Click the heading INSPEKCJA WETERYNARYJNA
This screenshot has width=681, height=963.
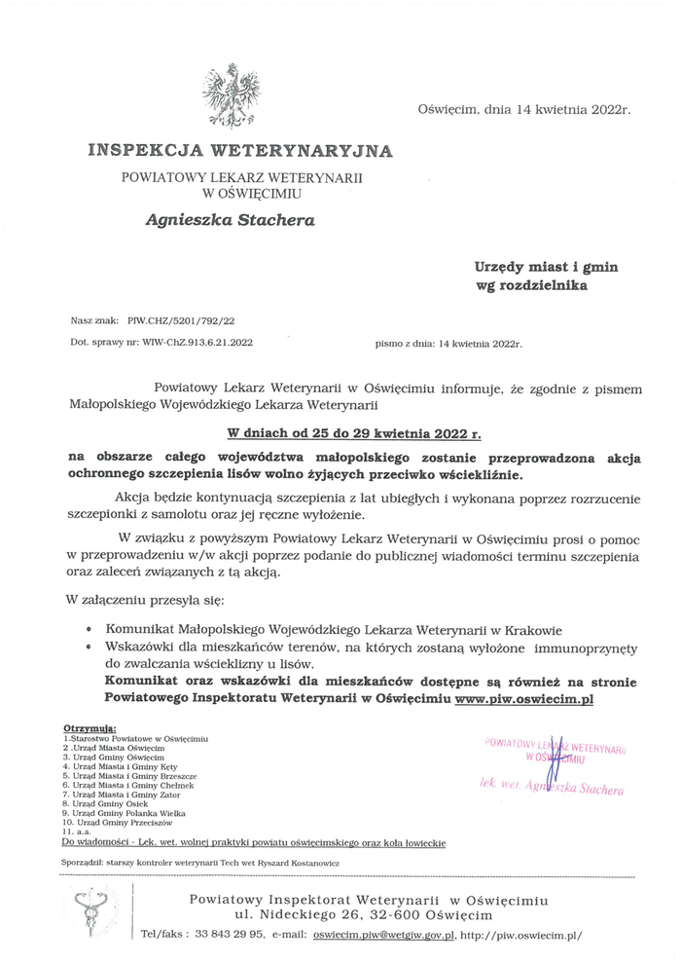pyautogui.click(x=240, y=151)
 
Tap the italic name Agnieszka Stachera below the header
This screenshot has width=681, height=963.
pyautogui.click(x=230, y=220)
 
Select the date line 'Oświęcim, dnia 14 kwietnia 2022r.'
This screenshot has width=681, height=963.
pyautogui.click(x=524, y=109)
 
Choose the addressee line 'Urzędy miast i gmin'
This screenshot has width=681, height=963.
pyautogui.click(x=546, y=266)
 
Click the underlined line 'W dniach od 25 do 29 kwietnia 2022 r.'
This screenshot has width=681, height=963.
pyautogui.click(x=354, y=431)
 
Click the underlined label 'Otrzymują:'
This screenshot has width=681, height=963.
pyautogui.click(x=90, y=728)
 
